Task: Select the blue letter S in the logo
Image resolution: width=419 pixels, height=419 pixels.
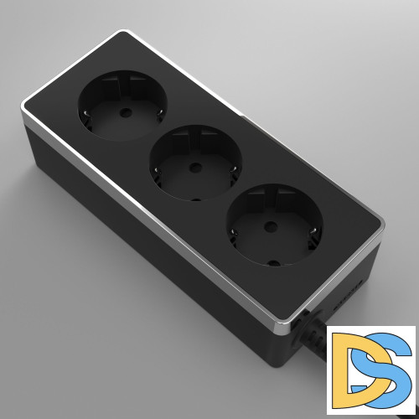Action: [x=385, y=369]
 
